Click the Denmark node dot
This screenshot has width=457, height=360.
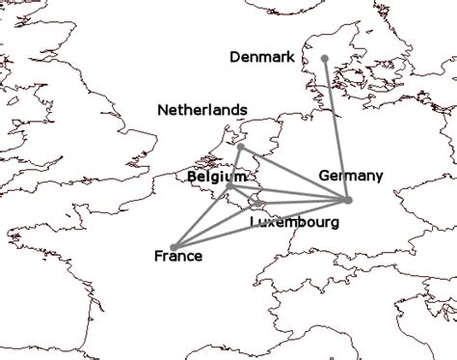coord(325,59)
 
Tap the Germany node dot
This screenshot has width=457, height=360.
coord(347,200)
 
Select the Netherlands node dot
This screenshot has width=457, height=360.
coord(239,148)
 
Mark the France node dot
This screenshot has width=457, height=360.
coord(174,246)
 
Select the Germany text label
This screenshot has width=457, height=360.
coord(351,176)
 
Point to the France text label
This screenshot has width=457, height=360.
coord(178,257)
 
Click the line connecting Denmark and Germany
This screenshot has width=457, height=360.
coord(336,129)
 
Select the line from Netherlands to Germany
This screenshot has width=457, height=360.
coord(293,174)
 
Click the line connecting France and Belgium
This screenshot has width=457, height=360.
coord(201,216)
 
